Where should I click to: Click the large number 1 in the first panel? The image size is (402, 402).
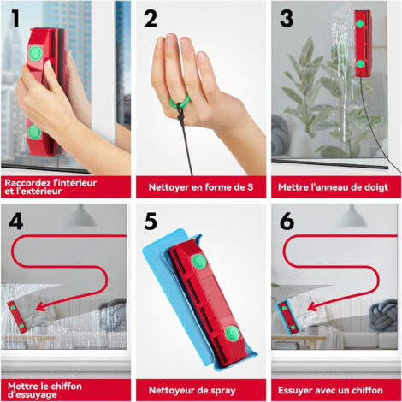click(x=15, y=19)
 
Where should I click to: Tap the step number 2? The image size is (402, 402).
click(x=151, y=19)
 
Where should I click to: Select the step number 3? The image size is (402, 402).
click(x=287, y=19)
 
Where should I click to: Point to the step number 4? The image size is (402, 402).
click(x=15, y=222)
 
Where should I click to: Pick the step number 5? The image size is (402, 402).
click(x=151, y=222)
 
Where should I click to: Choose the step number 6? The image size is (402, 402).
click(x=287, y=222)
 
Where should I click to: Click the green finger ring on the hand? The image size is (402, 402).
click(x=180, y=99)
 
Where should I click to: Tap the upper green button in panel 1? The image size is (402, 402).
click(x=35, y=53)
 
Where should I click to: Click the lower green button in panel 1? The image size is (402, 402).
click(x=34, y=132)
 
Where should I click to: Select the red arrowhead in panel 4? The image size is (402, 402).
click(x=41, y=306)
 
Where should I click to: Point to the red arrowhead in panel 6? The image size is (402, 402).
click(x=312, y=306)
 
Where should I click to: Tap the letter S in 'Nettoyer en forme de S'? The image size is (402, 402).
click(x=250, y=187)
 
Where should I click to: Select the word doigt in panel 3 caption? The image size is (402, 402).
click(x=377, y=187)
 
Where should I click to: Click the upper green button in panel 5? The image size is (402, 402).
click(x=199, y=262)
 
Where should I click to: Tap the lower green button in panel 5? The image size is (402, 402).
click(x=233, y=334)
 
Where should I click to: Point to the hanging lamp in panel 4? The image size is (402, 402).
click(x=80, y=216)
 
